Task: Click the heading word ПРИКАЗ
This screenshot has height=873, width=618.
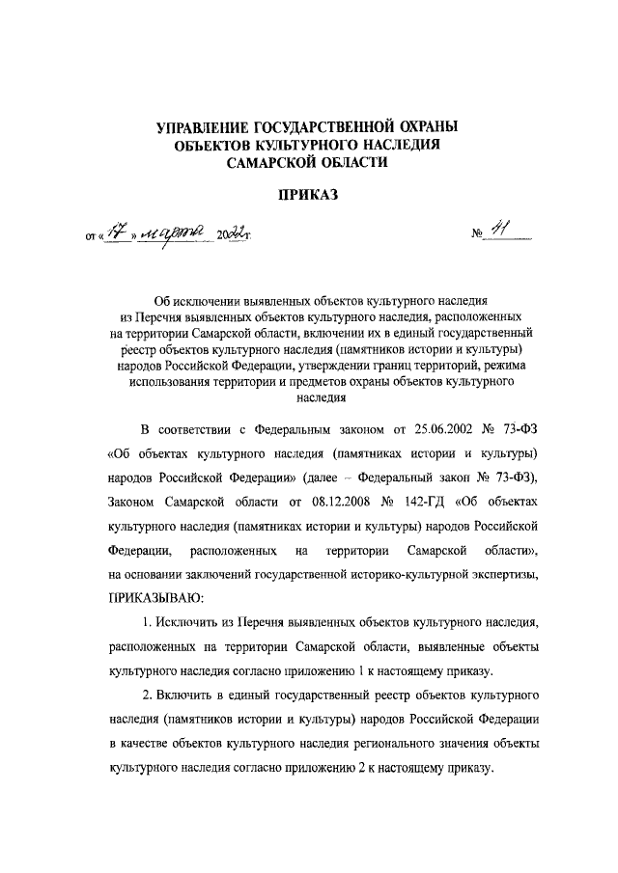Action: [308, 196]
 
